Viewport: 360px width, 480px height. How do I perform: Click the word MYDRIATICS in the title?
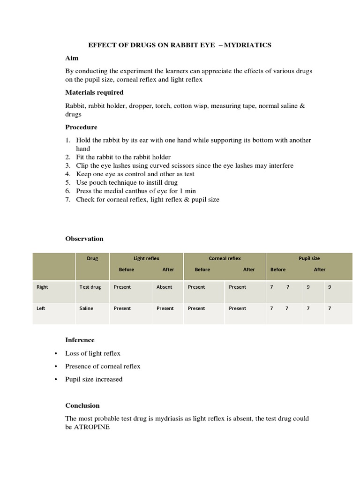[247, 45]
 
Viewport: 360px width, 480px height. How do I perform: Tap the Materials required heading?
[94, 92]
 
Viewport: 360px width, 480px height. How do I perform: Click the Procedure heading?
[81, 127]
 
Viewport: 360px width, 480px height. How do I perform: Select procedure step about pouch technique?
[127, 182]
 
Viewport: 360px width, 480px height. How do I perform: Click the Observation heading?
[84, 239]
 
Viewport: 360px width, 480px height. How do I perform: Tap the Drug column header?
[92, 258]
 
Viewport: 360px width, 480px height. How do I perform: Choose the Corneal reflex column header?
[225, 258]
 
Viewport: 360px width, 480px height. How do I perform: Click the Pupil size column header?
[309, 258]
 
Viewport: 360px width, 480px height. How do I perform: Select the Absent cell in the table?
[164, 287]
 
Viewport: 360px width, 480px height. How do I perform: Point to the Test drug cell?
[90, 287]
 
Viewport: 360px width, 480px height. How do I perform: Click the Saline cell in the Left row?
[87, 308]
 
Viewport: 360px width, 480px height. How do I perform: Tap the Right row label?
[42, 287]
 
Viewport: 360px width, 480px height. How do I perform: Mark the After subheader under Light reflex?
[168, 270]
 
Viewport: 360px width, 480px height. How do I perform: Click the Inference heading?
[80, 340]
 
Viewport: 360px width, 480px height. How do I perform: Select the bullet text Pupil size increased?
[94, 379]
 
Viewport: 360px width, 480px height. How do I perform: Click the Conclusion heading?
[82, 405]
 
